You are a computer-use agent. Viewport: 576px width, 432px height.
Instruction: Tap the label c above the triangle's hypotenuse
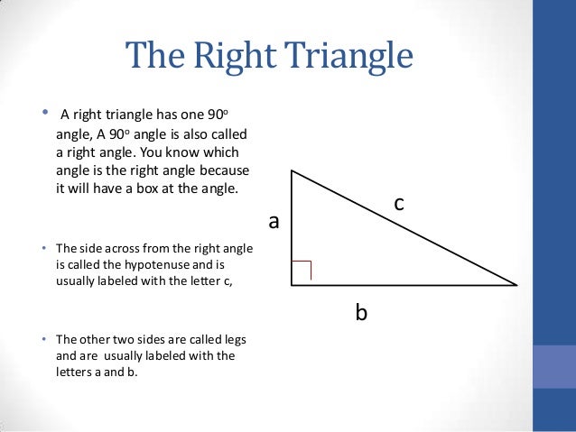click(398, 207)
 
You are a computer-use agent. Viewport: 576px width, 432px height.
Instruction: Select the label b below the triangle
click(361, 313)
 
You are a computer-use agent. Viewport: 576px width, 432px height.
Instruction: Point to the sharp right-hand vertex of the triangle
click(516, 284)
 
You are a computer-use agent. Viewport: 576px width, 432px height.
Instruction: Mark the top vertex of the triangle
click(292, 170)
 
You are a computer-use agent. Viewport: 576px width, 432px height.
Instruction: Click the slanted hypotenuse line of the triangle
click(404, 227)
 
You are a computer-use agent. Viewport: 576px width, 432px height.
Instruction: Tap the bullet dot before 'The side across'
click(43, 247)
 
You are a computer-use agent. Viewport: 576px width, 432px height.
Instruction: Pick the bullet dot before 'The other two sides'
click(43, 339)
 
